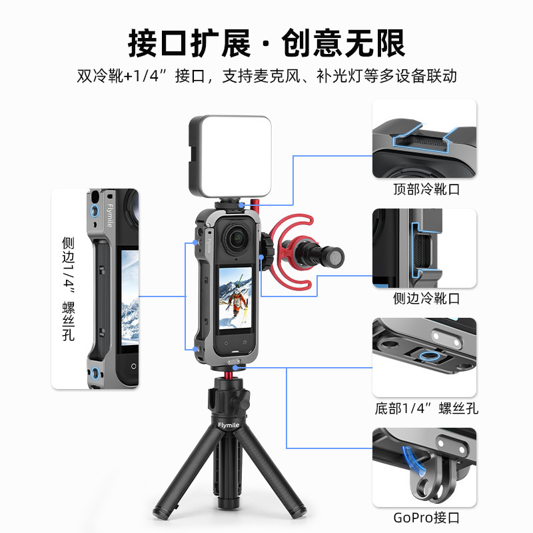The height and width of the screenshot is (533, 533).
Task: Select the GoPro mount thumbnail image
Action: click(424, 466)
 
